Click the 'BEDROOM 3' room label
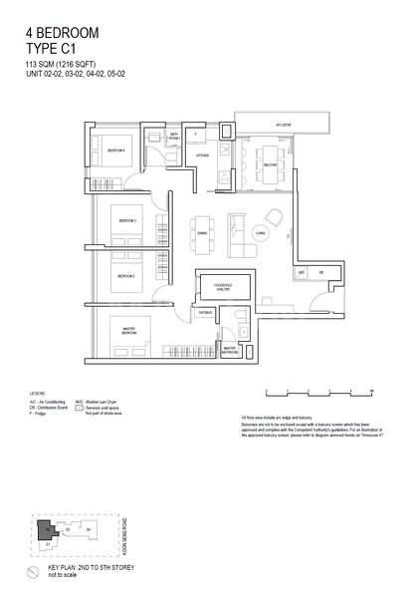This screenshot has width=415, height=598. coord(125,220)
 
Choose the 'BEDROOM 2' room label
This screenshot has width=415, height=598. coord(125,275)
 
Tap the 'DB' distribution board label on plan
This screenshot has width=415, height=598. coord(320,272)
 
